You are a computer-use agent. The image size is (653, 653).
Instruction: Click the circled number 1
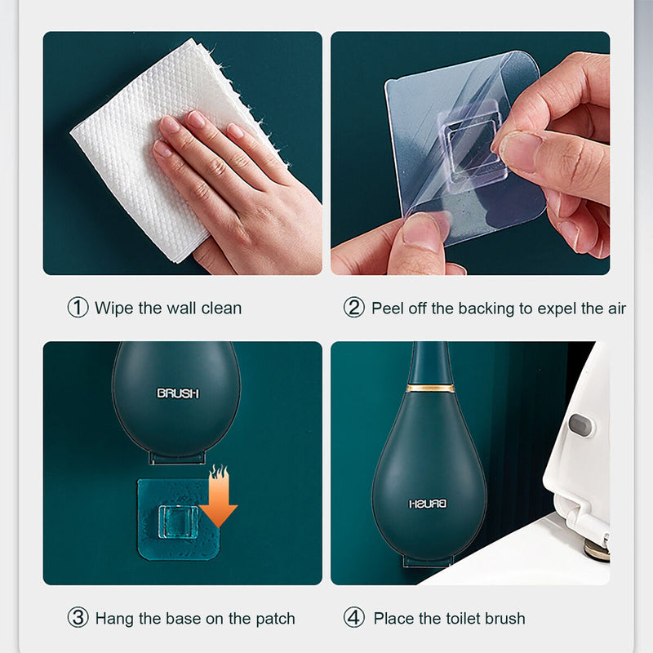pyautogui.click(x=78, y=308)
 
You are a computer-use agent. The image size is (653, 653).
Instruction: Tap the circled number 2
pyautogui.click(x=354, y=308)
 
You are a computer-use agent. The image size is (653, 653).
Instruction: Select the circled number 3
pyautogui.click(x=78, y=618)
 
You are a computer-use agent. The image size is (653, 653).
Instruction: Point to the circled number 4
pyautogui.click(x=354, y=618)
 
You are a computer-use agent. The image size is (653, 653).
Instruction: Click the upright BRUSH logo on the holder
pyautogui.click(x=178, y=393)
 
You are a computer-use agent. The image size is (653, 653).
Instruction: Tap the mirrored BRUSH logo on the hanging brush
pyautogui.click(x=428, y=504)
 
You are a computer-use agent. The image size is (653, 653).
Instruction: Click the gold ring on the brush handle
pyautogui.click(x=431, y=389)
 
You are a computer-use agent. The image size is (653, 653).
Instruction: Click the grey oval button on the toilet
pyautogui.click(x=580, y=425)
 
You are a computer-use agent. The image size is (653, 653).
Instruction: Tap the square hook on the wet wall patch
pyautogui.click(x=179, y=522)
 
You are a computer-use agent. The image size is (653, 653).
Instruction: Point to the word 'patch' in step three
pyautogui.click(x=275, y=620)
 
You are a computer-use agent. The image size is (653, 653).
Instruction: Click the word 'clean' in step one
pyautogui.click(x=221, y=309)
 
